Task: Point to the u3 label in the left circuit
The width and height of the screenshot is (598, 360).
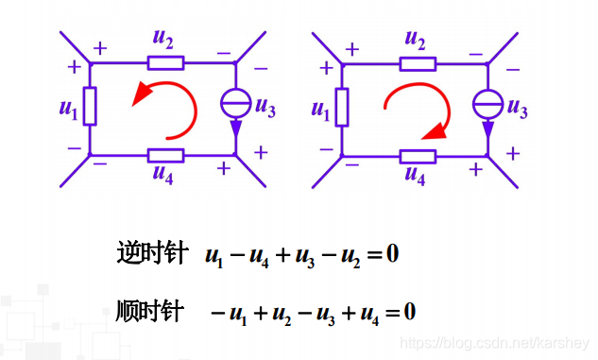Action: pos(265,111)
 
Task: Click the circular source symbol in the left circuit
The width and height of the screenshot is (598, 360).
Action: pos(235,101)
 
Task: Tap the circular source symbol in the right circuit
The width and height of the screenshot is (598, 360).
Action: pos(487,102)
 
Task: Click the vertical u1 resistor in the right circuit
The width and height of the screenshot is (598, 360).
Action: pos(341,106)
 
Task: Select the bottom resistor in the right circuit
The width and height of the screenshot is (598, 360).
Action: pos(417,155)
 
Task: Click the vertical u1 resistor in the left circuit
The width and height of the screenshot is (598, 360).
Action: pos(91,106)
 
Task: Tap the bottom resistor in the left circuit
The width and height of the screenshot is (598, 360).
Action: pos(166,154)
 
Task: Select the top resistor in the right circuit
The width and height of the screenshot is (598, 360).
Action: pos(417,63)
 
